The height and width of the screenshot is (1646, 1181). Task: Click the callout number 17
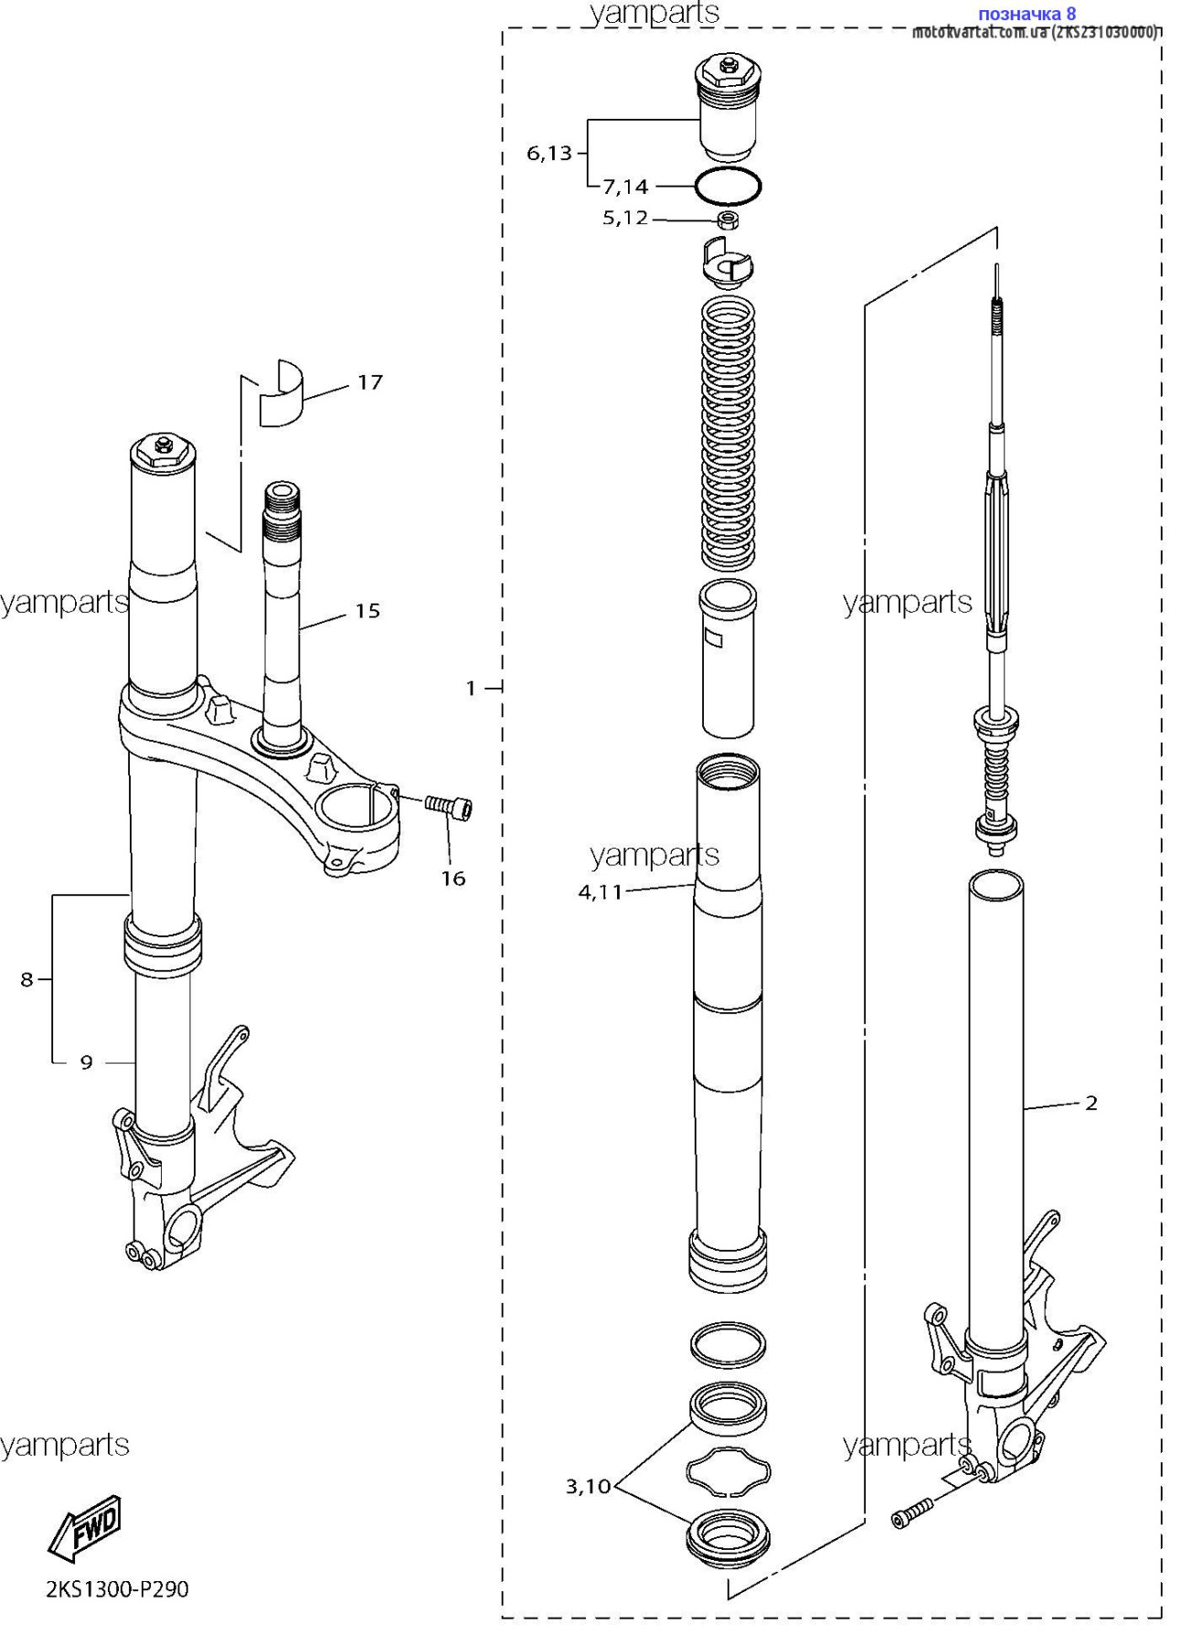pos(369,382)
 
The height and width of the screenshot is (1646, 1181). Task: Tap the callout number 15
pos(367,611)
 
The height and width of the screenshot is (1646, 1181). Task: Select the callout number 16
pos(453,879)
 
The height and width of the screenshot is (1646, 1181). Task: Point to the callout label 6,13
pos(548,154)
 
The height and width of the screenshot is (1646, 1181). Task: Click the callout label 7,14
pos(625,187)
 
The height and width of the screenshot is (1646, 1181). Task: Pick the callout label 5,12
pos(625,219)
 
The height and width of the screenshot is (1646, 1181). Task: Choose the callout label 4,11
pos(600,892)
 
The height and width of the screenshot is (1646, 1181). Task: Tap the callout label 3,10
pos(588,1487)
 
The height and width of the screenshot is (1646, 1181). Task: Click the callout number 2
pos(1091,1104)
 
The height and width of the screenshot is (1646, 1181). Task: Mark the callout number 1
pos(471,688)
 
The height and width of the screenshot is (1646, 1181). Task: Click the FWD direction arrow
pos(85,1528)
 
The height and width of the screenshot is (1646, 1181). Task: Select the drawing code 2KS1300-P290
pos(117,1589)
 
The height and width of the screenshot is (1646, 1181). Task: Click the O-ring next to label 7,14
pos(728,187)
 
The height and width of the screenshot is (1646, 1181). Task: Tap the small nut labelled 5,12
pos(728,219)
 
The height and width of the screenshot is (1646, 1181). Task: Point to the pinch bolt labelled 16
pos(450,807)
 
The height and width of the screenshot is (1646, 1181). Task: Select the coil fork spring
pos(728,434)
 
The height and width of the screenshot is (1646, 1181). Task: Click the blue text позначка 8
pos(1027,14)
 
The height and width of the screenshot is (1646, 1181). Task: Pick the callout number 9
pos(86,1063)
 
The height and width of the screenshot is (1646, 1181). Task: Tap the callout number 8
pos(27,980)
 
